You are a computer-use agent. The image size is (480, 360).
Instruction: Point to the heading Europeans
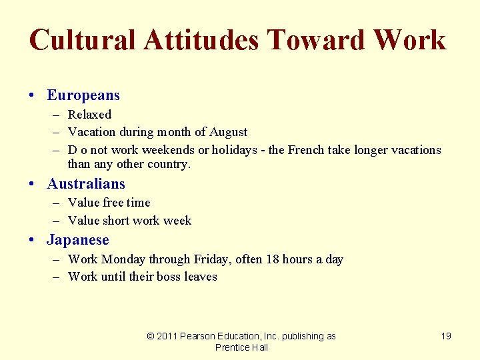point(83,95)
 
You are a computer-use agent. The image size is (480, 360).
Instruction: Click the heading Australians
point(86,183)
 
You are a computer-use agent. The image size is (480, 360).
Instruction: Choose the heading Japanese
point(78,239)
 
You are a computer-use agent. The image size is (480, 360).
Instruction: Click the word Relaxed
point(90,115)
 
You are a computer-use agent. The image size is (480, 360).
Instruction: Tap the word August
point(229,132)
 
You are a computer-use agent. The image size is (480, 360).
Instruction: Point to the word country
point(169,164)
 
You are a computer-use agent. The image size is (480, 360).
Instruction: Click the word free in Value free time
point(113,203)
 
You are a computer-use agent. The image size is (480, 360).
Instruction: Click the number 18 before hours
point(272,259)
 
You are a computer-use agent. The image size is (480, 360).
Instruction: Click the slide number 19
point(446,336)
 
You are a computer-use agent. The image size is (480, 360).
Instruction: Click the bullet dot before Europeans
point(33,96)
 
